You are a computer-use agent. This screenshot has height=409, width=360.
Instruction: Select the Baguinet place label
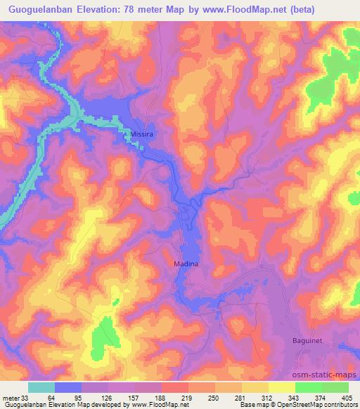click(x=307, y=340)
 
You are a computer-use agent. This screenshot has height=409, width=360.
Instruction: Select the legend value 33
click(x=25, y=397)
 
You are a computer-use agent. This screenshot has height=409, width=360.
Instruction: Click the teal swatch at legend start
click(x=41, y=387)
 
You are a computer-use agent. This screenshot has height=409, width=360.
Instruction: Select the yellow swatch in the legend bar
click(x=282, y=387)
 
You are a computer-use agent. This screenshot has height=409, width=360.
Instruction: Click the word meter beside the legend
click(x=11, y=397)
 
